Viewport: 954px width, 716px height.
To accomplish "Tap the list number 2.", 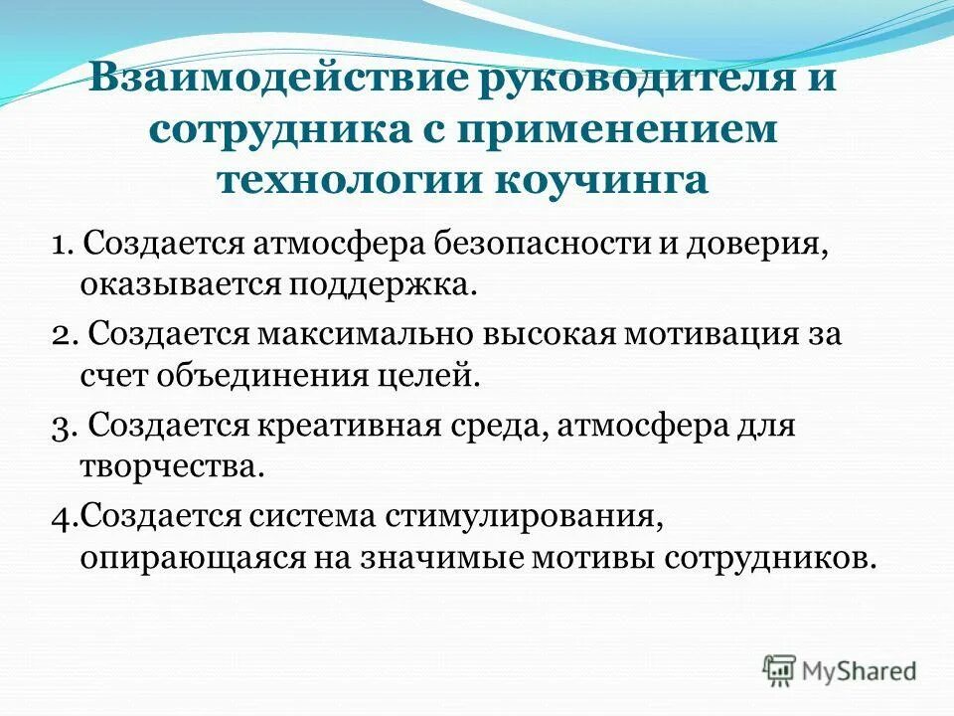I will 62,333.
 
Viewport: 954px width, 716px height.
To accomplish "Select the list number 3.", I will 62,426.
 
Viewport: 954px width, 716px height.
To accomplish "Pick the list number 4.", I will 62,516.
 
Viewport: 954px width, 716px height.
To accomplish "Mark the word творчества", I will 172,467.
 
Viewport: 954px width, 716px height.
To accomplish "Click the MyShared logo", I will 841,669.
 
